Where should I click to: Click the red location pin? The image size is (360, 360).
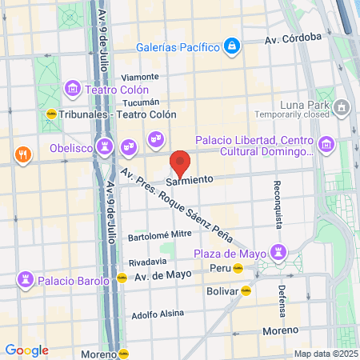tap(181, 163)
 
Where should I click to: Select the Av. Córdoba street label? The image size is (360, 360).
tap(294, 38)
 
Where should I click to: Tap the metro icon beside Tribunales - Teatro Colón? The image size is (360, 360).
tap(52, 113)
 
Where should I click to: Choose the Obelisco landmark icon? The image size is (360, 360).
tap(103, 146)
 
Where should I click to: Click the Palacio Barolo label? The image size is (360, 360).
tap(72, 280)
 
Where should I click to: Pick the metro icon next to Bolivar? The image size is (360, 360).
tap(246, 291)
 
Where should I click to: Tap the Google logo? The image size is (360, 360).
tap(26, 350)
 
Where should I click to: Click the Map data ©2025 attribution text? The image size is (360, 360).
tap(323, 354)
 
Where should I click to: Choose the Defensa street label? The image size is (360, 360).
tap(282, 302)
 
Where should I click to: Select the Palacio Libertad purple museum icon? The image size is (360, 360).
tap(326, 145)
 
